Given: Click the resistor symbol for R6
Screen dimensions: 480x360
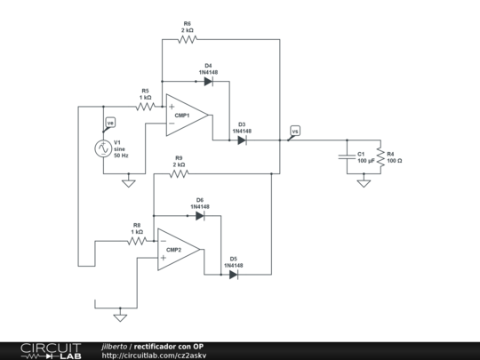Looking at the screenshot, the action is tap(188, 39).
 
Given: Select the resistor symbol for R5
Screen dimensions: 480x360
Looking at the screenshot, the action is tap(146, 107).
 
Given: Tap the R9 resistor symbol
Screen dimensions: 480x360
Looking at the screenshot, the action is tap(179, 174).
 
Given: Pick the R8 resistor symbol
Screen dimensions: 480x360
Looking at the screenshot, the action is tap(137, 241).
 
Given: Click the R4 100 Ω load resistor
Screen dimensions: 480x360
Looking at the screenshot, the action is tap(380, 157).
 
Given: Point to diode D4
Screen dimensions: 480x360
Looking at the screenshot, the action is tap(209, 82).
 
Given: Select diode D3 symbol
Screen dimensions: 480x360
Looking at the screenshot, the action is tap(242, 140).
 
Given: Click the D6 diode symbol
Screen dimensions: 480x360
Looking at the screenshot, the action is tap(200, 216).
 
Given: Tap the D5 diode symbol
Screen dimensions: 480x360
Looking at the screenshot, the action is tap(234, 275).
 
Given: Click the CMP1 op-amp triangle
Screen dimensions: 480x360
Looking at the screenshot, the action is tap(187, 115).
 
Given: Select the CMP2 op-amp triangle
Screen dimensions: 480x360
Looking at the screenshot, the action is tap(179, 250).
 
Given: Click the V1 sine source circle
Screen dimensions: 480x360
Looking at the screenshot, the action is tap(103, 148).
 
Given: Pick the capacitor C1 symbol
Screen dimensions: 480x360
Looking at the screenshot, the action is tap(347, 156).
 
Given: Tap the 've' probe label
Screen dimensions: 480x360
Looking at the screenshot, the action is tap(110, 123).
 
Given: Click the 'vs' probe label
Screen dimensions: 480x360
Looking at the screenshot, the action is tap(295, 131).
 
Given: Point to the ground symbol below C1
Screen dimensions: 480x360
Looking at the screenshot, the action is tap(364, 183).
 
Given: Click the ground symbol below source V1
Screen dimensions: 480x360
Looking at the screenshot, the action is tap(129, 183).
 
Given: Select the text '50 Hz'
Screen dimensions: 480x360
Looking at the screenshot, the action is tap(121, 156).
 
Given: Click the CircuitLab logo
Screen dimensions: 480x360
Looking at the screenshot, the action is tap(51, 351).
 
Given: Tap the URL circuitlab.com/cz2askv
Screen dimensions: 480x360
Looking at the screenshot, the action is tap(154, 356).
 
